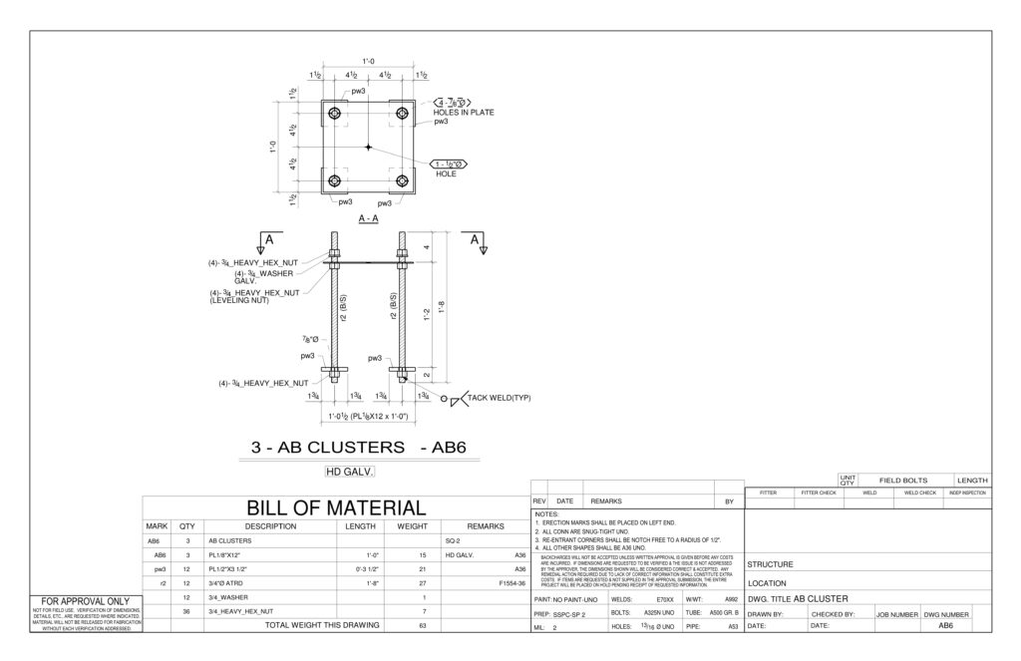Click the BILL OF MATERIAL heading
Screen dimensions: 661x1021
336,507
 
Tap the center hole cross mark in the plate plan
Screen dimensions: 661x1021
368,148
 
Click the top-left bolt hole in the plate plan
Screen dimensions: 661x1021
334,114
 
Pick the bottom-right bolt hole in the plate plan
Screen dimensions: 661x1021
402,180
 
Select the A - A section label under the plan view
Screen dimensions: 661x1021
368,218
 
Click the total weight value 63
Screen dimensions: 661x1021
423,625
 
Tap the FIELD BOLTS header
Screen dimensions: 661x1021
902,480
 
